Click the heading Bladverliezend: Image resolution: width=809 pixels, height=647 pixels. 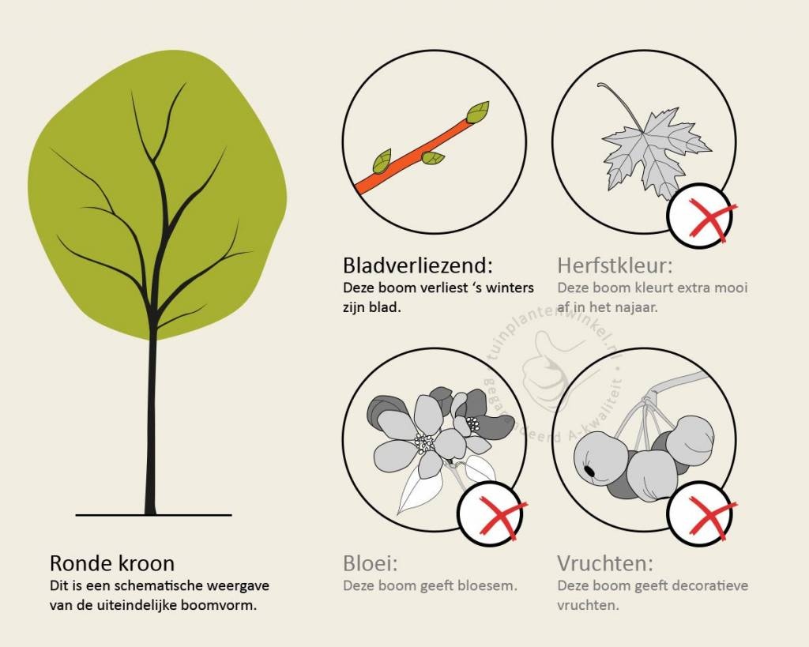[x=418, y=265]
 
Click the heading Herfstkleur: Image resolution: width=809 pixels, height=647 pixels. [x=615, y=265]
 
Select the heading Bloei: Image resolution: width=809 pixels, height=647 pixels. [x=371, y=563]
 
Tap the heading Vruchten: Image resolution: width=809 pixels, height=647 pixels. [x=605, y=563]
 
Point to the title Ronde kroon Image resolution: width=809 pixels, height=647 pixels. [x=112, y=563]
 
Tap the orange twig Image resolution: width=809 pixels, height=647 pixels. [x=418, y=155]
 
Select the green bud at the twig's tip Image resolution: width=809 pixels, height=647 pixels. [x=478, y=112]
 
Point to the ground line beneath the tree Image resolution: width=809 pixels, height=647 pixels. [x=154, y=515]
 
